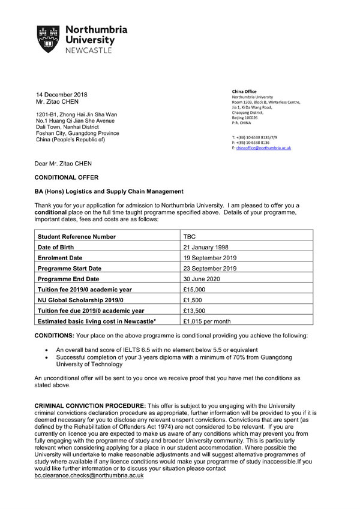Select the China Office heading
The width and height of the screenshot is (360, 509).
click(x=244, y=92)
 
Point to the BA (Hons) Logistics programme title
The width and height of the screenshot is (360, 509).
click(x=109, y=192)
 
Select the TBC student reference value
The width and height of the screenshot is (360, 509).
click(x=189, y=237)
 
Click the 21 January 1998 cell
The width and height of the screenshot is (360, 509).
click(x=206, y=248)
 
